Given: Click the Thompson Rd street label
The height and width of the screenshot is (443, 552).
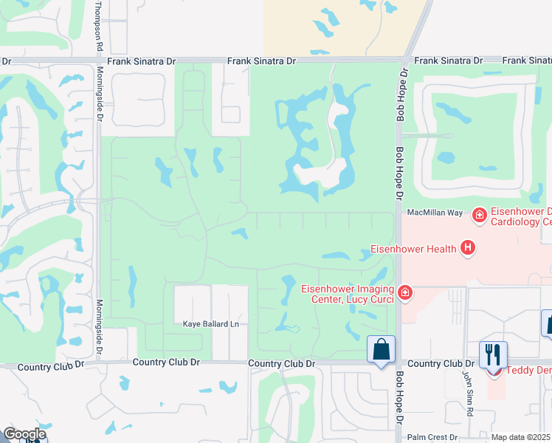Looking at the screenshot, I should (x=99, y=27).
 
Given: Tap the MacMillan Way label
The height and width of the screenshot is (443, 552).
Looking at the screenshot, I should (x=435, y=212).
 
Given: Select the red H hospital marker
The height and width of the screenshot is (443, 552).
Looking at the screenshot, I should (x=466, y=248).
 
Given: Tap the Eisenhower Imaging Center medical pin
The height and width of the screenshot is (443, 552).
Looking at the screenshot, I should (x=404, y=293).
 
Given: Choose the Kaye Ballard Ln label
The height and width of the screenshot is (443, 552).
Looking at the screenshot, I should (x=212, y=324).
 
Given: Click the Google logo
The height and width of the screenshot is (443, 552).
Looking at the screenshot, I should (x=24, y=434).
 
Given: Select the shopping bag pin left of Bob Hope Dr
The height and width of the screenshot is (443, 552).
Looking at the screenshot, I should (x=381, y=349).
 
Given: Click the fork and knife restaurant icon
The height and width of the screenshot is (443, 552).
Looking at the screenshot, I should (x=492, y=354).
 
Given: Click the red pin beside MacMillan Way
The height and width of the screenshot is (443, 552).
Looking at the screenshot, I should (x=479, y=214).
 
